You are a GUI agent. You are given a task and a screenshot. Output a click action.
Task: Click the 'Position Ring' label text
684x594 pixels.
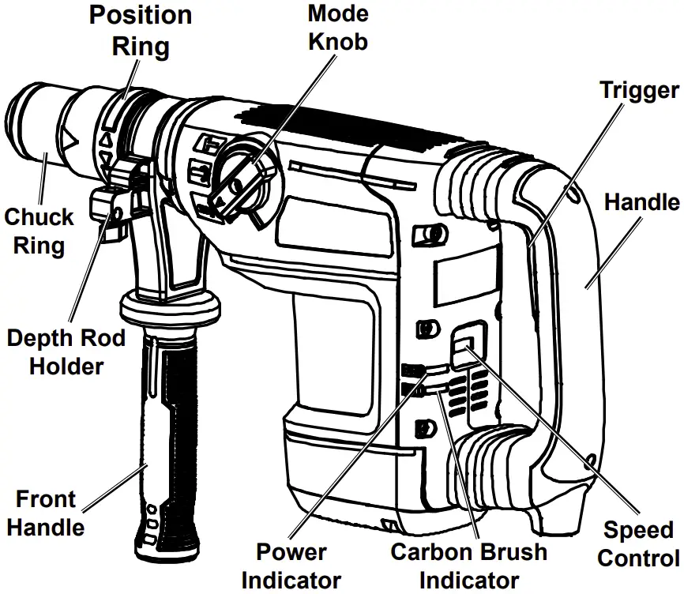[140, 30]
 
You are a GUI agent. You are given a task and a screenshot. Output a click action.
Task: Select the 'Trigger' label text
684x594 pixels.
[638, 89]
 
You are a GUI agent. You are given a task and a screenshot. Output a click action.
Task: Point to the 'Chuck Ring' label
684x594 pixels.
[39, 231]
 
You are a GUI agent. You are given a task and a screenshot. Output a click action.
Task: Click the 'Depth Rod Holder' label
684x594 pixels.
[66, 352]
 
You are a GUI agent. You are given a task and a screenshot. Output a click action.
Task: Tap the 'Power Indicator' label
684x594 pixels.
[291, 566]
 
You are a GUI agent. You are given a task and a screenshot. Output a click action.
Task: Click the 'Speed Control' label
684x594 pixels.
[638, 543]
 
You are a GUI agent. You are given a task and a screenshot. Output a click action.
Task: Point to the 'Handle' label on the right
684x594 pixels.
[641, 202]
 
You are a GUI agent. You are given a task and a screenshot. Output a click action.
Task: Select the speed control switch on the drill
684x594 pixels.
[464, 345]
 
